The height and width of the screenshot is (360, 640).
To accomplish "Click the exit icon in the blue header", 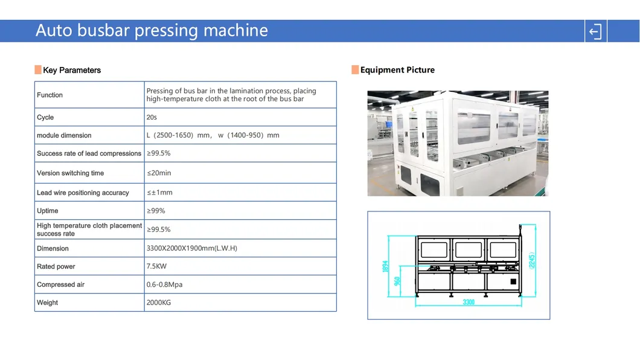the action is click(595, 31).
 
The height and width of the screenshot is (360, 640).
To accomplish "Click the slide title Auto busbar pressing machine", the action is click(152, 31).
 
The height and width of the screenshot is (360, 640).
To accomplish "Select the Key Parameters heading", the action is click(72, 70).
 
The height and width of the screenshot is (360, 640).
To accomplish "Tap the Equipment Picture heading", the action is click(397, 70).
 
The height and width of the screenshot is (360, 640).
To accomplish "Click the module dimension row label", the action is click(64, 135).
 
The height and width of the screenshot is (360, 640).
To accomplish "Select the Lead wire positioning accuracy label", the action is click(83, 193).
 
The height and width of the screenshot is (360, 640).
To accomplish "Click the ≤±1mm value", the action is click(159, 192).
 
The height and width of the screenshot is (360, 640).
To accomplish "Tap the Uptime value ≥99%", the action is click(156, 211).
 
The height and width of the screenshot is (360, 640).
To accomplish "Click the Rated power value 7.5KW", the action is click(156, 266).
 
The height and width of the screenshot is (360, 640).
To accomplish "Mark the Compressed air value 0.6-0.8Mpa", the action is click(164, 284).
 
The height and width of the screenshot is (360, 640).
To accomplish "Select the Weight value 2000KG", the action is click(158, 303).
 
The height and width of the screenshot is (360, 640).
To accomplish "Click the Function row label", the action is click(50, 95).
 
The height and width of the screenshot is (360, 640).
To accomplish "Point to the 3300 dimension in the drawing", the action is click(469, 302).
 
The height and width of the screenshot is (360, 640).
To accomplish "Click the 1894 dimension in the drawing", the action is click(385, 266).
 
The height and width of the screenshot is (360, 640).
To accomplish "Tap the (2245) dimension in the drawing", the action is click(531, 260).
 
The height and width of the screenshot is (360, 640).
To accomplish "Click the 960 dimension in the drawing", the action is click(397, 281).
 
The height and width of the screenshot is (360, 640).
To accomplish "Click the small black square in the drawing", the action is click(513, 281).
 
